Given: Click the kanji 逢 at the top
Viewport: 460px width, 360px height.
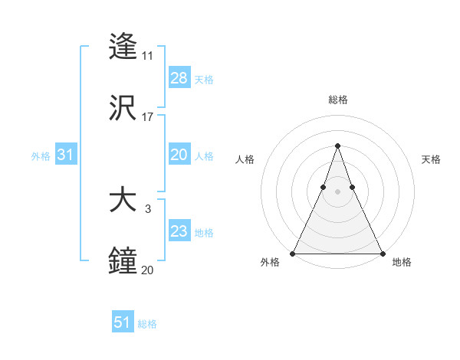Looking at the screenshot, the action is (123, 47).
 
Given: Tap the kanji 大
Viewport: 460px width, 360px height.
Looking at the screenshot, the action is (123, 201).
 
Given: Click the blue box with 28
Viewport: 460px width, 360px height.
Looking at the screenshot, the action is (179, 77).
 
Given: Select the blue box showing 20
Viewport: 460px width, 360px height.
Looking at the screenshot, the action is (179, 155).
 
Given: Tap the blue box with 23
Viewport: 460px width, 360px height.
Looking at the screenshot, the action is (179, 231).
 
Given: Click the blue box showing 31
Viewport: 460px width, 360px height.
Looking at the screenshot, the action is (66, 155).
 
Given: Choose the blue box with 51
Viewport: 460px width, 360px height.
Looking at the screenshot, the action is (123, 322).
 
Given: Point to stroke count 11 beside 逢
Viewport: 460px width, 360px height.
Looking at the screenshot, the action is (147, 56).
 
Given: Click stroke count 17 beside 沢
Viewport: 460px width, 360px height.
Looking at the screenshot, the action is (147, 117).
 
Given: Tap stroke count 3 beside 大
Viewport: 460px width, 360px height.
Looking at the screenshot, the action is (147, 208).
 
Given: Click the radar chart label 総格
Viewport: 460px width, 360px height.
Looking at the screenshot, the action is (337, 100).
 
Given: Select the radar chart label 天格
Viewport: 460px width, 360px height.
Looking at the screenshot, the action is (431, 159).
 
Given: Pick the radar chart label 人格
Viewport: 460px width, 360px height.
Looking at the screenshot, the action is (245, 159).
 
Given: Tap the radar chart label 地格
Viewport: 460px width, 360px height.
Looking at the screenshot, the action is (402, 262).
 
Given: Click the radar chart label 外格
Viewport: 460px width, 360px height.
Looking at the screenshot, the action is (270, 262).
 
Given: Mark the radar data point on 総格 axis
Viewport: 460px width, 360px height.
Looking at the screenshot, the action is (337, 146).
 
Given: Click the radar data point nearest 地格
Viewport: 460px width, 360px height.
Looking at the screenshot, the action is (382, 253).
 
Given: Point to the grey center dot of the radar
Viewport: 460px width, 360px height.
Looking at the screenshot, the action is (337, 191).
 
